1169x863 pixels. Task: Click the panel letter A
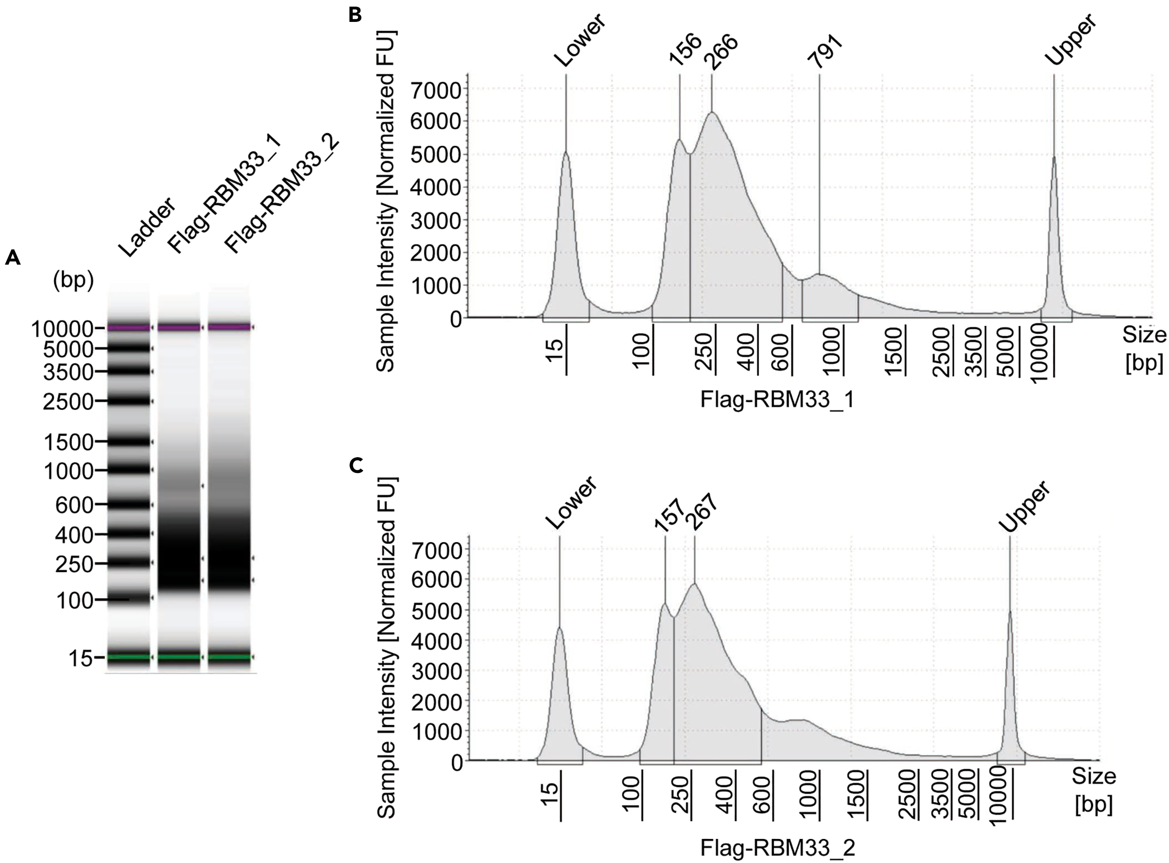point(13,257)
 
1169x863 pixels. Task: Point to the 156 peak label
point(684,50)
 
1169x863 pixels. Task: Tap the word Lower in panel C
point(571,503)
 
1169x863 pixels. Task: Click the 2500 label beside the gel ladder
point(68,402)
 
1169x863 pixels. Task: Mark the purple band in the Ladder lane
point(129,328)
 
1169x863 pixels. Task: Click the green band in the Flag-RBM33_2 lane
point(229,657)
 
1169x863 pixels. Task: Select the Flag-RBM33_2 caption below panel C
point(777,848)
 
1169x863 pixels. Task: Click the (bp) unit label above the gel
point(74,281)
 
